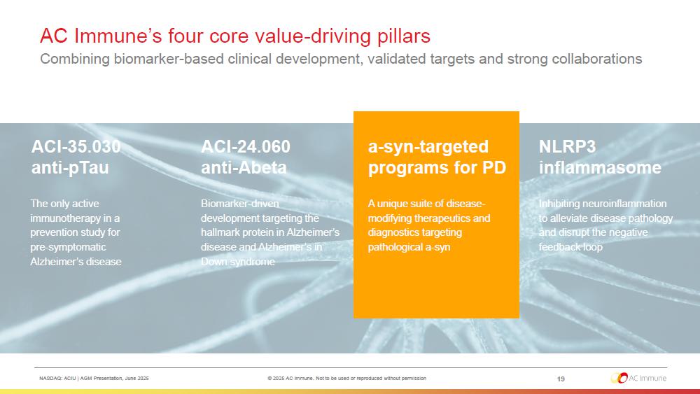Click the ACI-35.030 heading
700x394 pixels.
point(76,146)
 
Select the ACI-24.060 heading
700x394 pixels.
point(246,146)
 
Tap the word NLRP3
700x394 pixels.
point(567,146)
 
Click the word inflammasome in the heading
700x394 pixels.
point(600,168)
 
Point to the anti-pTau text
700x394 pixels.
point(69,168)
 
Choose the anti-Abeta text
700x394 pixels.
point(244,168)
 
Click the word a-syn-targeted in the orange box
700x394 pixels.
point(428,147)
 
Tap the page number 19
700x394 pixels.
point(561,379)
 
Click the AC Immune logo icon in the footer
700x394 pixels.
point(619,378)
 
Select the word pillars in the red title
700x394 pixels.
point(404,36)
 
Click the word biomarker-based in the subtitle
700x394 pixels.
point(168,59)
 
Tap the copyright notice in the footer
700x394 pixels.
point(347,379)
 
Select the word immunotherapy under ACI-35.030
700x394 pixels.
point(65,218)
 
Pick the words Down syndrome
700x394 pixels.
point(237,262)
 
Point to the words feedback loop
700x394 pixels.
point(570,247)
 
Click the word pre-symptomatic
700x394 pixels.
point(69,247)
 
